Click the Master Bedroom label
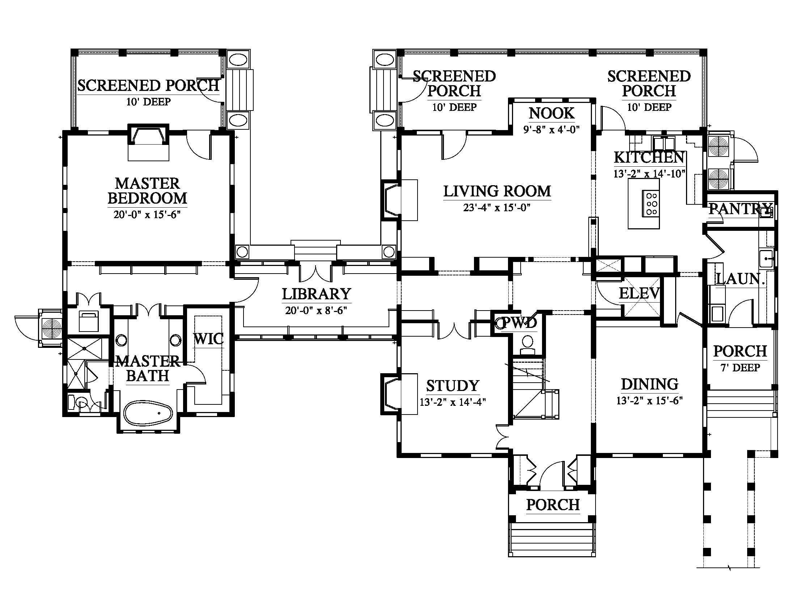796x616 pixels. pyautogui.click(x=147, y=191)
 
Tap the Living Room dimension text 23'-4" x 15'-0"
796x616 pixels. pyautogui.click(x=496, y=208)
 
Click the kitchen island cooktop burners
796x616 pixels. pyautogui.click(x=652, y=204)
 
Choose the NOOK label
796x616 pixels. pyautogui.click(x=551, y=113)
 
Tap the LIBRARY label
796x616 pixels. pyautogui.click(x=316, y=294)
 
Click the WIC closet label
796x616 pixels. pyautogui.click(x=208, y=339)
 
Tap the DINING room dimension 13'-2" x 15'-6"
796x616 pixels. pyautogui.click(x=649, y=401)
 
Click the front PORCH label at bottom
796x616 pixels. pyautogui.click(x=552, y=505)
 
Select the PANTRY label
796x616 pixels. pyautogui.click(x=740, y=209)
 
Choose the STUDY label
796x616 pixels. pyautogui.click(x=452, y=386)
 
